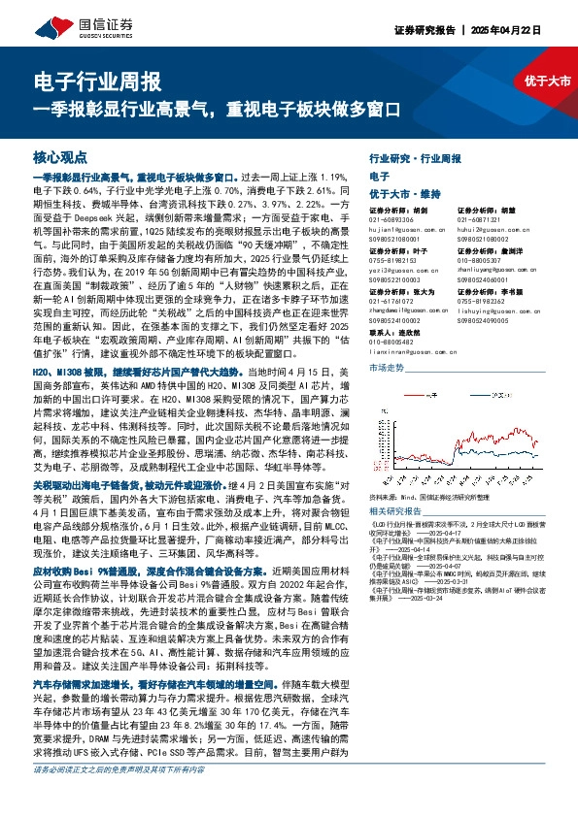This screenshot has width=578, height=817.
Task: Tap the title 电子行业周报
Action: click(97, 81)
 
